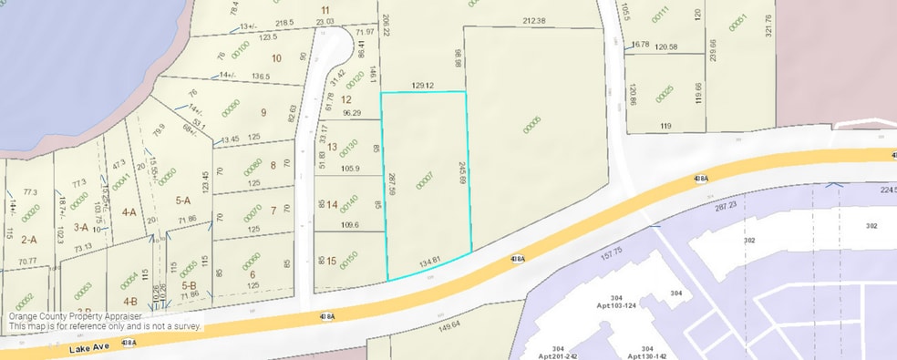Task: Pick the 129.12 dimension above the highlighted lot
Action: coord(425,86)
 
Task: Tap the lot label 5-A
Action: coord(182,201)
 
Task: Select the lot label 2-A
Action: coord(28,240)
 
